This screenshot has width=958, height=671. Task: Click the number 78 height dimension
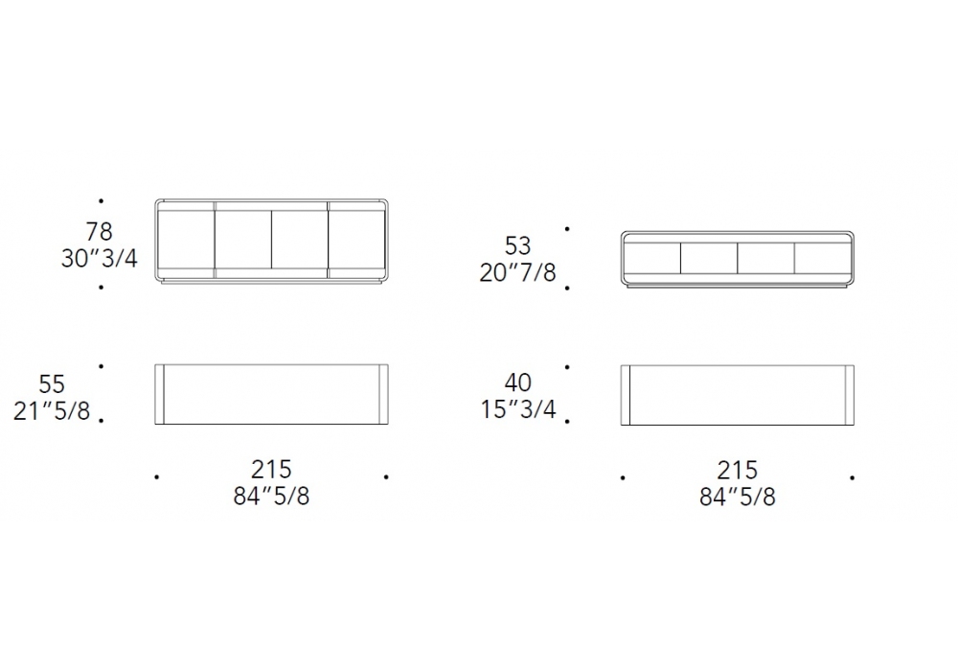click(99, 232)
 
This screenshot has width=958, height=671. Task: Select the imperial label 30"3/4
click(99, 259)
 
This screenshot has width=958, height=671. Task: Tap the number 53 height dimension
click(517, 245)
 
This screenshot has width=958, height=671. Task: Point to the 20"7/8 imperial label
click(517, 272)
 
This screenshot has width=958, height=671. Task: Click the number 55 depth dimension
click(52, 384)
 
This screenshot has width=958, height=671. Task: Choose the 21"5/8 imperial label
click(52, 411)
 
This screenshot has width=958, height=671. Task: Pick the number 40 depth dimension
click(517, 382)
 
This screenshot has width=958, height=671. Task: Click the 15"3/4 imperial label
click(517, 409)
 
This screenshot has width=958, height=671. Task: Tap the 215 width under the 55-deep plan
click(271, 470)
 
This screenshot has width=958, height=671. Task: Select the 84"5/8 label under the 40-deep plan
click(738, 497)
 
